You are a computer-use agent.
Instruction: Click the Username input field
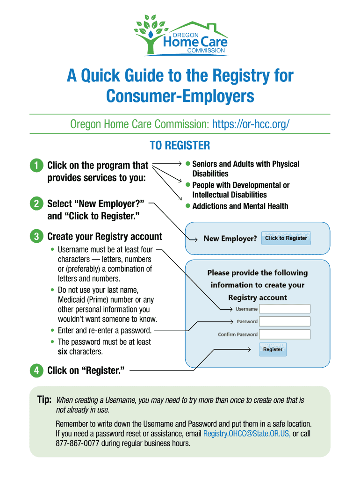coord(285,309)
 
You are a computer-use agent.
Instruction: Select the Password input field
coord(285,321)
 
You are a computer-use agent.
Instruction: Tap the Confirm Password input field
coord(285,334)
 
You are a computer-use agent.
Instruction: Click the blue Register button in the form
coord(273,349)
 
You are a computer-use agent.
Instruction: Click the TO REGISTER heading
coord(180,146)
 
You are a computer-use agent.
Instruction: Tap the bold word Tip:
coord(44,400)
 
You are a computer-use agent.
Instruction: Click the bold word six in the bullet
coord(63,351)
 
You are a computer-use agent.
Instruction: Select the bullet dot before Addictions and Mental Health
coord(187,206)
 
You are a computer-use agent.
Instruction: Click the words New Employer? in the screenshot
coord(230,239)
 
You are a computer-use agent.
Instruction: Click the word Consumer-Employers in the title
coord(180,96)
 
